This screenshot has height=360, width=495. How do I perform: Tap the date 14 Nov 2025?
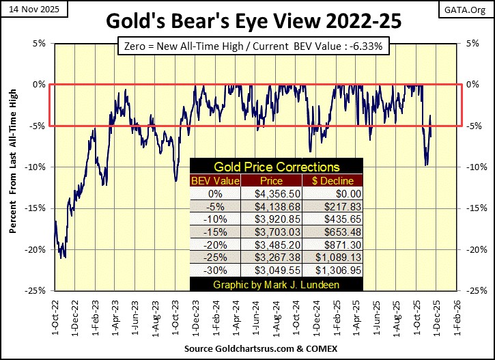point(29,8)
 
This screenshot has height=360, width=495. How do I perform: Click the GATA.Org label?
point(471,8)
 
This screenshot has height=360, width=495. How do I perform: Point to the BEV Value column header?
point(215,180)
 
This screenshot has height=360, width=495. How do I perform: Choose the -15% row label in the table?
point(215,232)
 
